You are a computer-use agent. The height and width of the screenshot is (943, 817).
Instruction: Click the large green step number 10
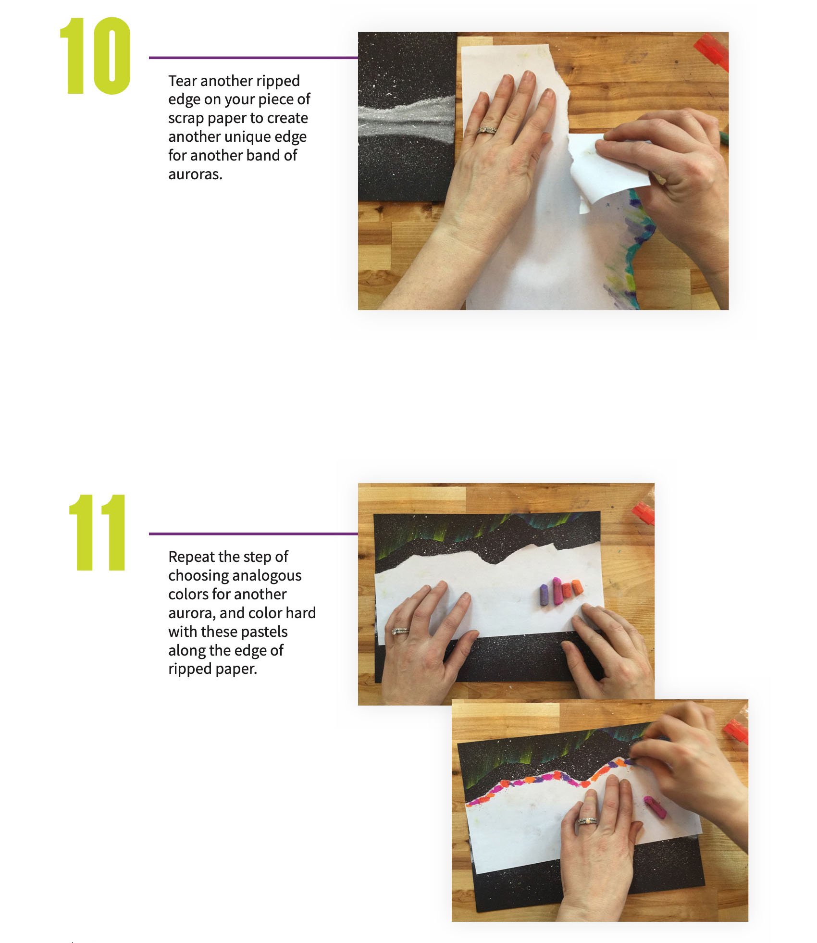pyautogui.click(x=95, y=56)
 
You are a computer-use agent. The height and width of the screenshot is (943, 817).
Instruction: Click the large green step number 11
pyautogui.click(x=98, y=532)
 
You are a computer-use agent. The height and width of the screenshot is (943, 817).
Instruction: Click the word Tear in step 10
pyautogui.click(x=182, y=81)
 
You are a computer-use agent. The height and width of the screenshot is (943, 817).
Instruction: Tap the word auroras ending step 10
pyautogui.click(x=195, y=174)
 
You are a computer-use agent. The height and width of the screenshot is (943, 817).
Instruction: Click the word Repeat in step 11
pyautogui.click(x=191, y=558)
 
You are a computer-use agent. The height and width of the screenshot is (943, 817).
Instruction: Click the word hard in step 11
pyautogui.click(x=301, y=613)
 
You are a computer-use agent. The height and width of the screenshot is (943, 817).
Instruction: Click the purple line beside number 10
pyautogui.click(x=253, y=58)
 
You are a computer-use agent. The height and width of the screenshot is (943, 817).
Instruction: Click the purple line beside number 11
pyautogui.click(x=253, y=534)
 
